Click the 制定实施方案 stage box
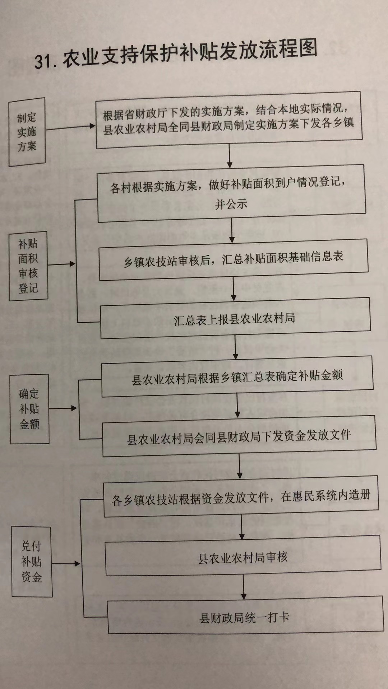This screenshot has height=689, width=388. click(x=27, y=132)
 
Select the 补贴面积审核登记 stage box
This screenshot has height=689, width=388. click(x=28, y=266)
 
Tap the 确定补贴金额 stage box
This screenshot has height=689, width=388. click(x=29, y=409)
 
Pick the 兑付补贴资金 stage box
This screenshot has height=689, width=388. click(x=32, y=562)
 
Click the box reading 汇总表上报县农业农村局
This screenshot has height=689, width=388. click(x=235, y=318)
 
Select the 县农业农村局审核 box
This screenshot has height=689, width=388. click(x=243, y=556)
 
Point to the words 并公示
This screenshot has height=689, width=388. click(x=231, y=204)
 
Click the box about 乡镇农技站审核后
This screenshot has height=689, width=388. click(x=234, y=259)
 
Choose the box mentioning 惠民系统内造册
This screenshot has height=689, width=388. click(x=241, y=497)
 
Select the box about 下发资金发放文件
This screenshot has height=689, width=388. click(x=239, y=436)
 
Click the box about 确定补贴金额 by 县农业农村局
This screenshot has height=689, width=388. click(x=237, y=376)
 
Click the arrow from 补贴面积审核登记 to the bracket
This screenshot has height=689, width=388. click(x=62, y=264)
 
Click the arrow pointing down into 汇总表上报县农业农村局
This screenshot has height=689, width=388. click(x=234, y=289)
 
